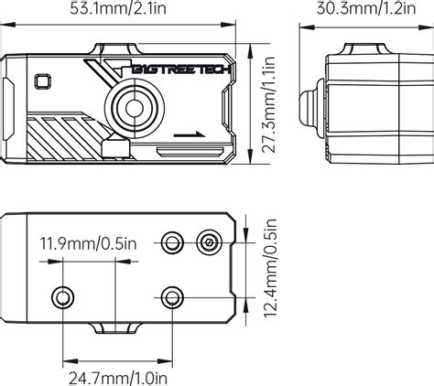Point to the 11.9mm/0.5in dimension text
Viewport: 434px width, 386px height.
coord(89,243)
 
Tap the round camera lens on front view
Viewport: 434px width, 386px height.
coord(135,107)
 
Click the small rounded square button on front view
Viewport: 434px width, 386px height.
coord(42,80)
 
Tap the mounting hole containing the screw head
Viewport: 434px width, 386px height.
coord(211,242)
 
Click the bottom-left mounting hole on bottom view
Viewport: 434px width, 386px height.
coord(62,296)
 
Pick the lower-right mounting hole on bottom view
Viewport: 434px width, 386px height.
coord(170,296)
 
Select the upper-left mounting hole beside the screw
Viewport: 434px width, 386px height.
coord(170,242)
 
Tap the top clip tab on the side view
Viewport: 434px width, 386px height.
coord(358,48)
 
